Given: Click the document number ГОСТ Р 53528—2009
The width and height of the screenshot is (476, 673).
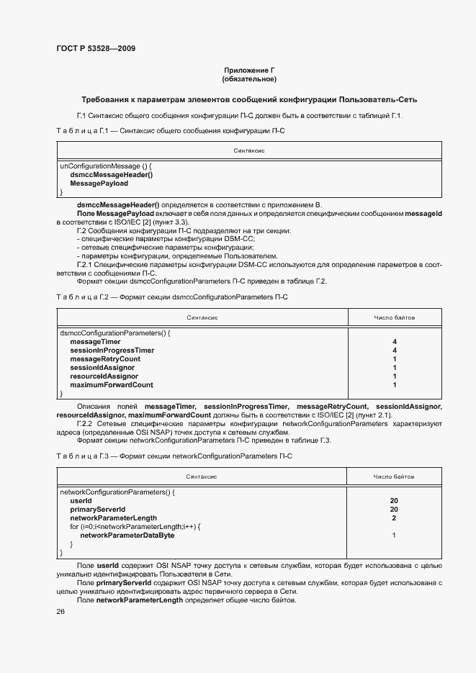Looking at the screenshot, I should coord(95,49).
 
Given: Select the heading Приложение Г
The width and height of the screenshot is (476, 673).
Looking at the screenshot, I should coord(250,70).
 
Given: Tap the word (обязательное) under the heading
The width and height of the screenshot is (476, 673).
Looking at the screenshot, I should coord(250,78).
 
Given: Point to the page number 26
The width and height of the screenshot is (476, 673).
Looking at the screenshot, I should coord(60,611).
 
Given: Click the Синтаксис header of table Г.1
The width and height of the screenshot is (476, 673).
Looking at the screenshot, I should coord(249,150).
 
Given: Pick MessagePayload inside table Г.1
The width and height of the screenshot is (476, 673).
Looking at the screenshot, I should coord(99,184).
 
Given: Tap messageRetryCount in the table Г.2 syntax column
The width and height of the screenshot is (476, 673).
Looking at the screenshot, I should coord(104,359).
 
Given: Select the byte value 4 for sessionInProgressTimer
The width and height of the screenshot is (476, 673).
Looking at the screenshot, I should coord(394,351).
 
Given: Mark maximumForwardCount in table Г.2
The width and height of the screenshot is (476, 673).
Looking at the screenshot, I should coord(111,385).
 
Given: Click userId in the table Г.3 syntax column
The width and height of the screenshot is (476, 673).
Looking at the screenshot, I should coord(81,500).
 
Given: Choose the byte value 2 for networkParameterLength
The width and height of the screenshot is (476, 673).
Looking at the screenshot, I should coord(394,518).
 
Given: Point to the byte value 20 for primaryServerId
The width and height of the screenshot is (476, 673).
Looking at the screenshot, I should coord(394,509).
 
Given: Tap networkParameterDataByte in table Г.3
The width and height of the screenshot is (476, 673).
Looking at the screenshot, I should coord(127,536).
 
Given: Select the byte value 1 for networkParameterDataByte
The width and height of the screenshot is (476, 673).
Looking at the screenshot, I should coord(394,536).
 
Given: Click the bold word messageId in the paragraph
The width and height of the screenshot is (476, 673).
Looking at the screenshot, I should coord(423,214).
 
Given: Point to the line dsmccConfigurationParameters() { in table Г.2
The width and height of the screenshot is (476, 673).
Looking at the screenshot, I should coord(114,333).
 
